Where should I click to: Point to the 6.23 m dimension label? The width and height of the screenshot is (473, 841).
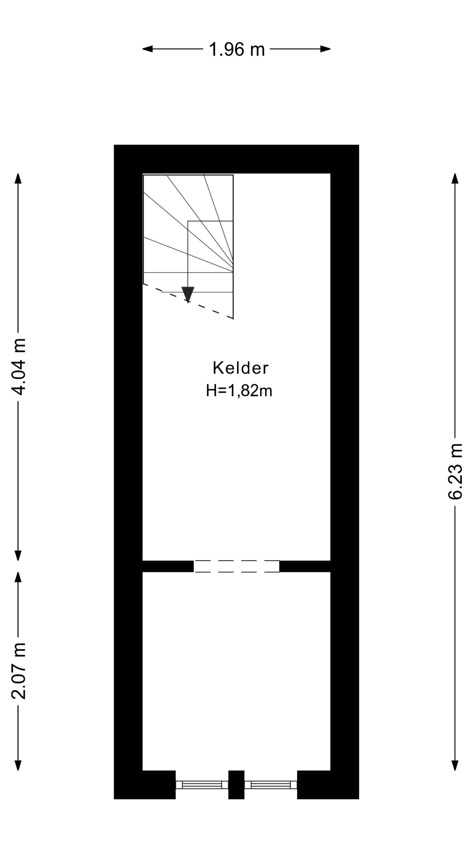(455, 472)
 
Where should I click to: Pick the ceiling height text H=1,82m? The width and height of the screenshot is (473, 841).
(239, 390)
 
